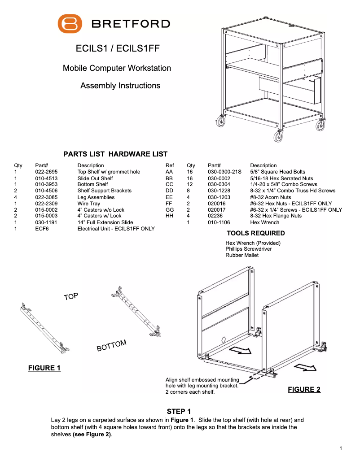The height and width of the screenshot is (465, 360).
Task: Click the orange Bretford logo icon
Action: click(x=70, y=23)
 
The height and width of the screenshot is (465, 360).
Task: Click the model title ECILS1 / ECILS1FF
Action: click(x=118, y=49)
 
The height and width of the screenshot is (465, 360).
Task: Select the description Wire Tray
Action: click(x=89, y=204)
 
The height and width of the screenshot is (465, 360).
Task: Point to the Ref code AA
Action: click(x=169, y=172)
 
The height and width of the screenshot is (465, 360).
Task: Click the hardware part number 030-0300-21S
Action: click(x=224, y=172)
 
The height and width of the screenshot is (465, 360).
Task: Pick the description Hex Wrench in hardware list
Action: click(x=264, y=222)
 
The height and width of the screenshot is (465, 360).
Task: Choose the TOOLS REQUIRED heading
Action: click(x=255, y=233)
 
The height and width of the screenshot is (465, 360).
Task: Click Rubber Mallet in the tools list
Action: click(x=242, y=255)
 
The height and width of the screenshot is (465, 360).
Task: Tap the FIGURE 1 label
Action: click(x=44, y=368)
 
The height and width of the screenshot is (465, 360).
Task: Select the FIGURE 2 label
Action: click(x=304, y=390)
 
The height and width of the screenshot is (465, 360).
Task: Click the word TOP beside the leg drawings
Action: click(x=71, y=296)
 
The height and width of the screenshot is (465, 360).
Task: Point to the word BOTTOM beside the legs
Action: click(x=112, y=346)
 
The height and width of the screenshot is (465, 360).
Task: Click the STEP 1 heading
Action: click(x=179, y=411)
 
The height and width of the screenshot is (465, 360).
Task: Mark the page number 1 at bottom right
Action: click(x=341, y=448)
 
